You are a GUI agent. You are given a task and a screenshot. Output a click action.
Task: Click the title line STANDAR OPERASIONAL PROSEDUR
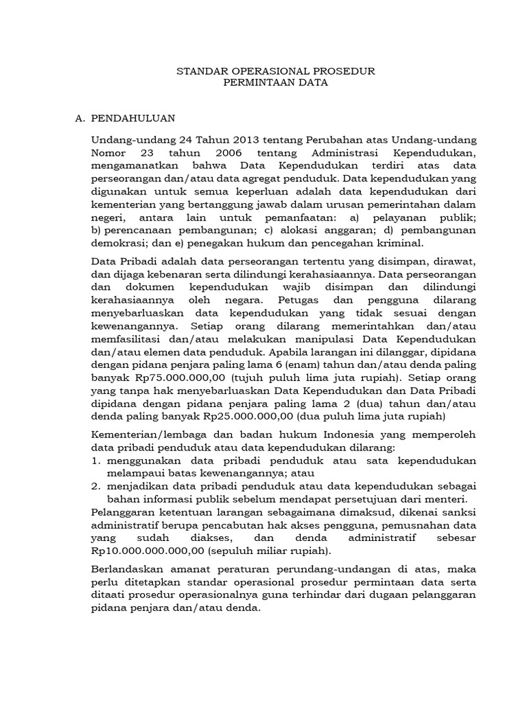tap(277, 71)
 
